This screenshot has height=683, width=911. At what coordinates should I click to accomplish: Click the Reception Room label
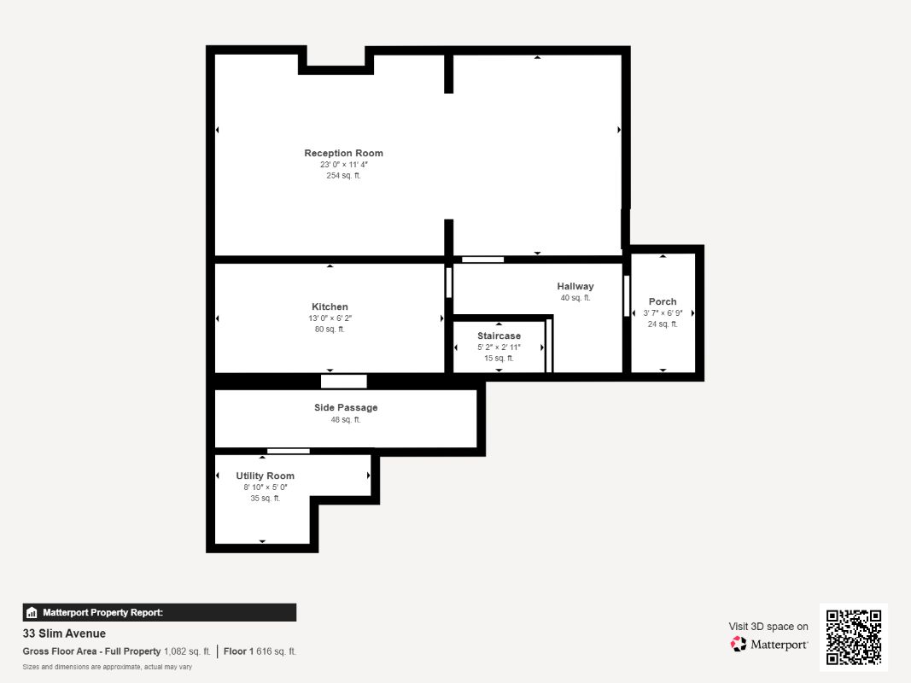tap(343, 154)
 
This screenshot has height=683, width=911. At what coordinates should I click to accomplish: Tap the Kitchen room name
tap(330, 306)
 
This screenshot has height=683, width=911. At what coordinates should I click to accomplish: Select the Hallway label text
tap(575, 286)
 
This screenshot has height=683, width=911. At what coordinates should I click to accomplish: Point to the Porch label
tap(663, 301)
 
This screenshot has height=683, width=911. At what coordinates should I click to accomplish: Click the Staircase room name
tap(499, 336)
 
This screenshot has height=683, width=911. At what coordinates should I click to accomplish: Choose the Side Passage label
tap(346, 408)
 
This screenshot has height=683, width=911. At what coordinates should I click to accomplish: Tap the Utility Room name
tap(265, 476)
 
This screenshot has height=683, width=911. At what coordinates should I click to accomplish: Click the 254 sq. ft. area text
tap(343, 175)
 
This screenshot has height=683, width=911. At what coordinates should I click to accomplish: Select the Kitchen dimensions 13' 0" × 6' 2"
tap(330, 318)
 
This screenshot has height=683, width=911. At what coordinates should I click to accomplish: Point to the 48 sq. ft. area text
tap(346, 419)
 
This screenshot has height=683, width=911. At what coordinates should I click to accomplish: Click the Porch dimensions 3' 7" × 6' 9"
tap(663, 313)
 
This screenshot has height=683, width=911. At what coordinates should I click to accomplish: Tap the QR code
tap(854, 637)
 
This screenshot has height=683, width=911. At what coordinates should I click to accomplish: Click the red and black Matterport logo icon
tap(739, 644)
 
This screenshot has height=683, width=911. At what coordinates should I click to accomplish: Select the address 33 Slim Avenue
tap(64, 633)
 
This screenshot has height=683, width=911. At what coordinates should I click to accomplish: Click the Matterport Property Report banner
tap(159, 613)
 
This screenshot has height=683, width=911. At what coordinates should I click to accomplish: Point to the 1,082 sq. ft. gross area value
tap(187, 651)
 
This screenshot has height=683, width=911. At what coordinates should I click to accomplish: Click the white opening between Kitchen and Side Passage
tap(344, 382)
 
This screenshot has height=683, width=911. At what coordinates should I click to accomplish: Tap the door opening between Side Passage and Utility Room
tap(289, 452)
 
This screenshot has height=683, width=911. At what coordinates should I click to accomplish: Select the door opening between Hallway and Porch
tap(627, 295)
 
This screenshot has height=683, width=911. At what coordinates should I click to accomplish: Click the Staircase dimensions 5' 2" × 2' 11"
tap(499, 347)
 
